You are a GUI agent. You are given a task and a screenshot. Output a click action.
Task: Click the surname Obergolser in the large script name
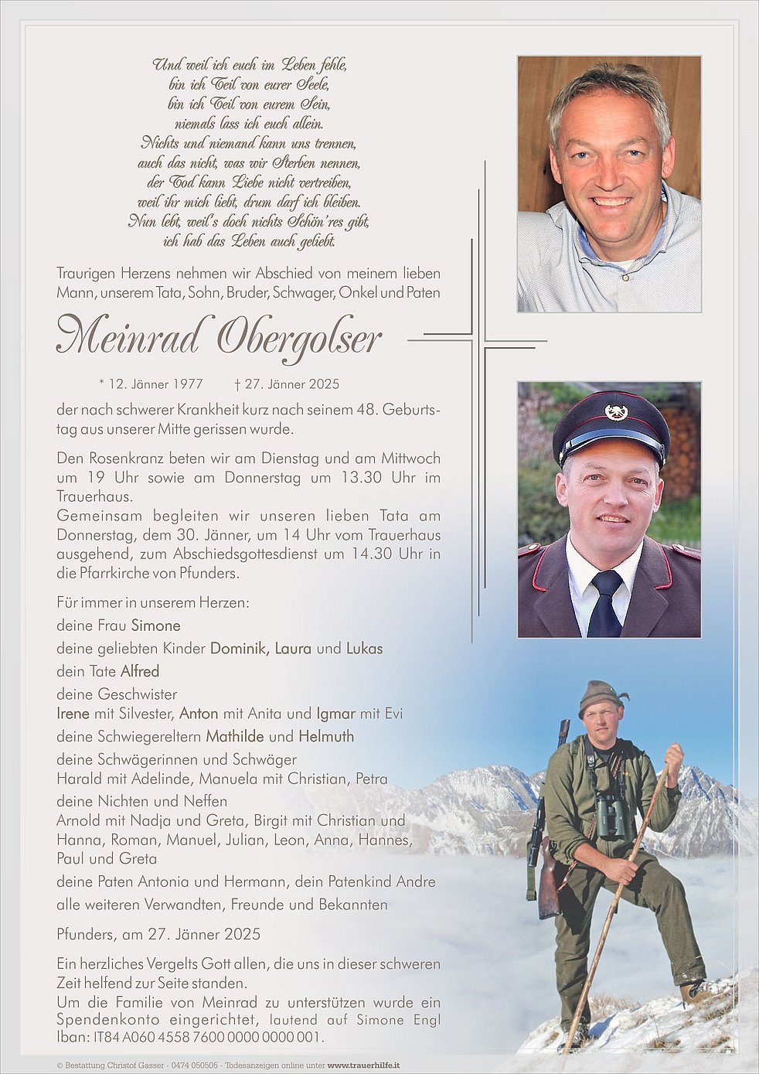tap(300, 337)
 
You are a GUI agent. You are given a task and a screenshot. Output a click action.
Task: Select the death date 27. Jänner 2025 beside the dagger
tap(291, 384)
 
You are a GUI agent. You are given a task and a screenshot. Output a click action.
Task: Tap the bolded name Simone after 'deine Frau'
tap(155, 626)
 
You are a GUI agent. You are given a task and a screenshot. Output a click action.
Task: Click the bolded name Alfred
tap(139, 671)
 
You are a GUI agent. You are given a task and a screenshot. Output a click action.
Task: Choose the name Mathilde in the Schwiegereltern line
tap(234, 736)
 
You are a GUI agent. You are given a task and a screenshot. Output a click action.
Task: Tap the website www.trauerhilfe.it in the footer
tap(363, 1065)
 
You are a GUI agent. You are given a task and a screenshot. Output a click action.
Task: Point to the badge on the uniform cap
tap(616, 411)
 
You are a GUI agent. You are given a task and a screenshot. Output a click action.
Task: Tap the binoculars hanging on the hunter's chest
tap(610, 816)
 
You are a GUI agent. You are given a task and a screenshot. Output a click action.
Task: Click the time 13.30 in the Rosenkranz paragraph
tap(361, 477)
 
